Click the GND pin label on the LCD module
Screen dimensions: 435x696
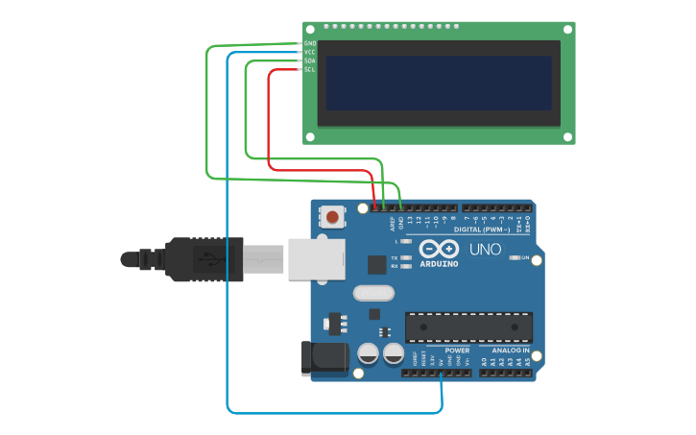[x=310, y=44]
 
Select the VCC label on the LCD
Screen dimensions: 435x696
[x=310, y=53]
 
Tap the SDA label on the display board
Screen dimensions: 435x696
[x=310, y=61]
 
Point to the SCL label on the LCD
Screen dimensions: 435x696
[x=310, y=70]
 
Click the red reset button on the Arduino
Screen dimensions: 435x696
[x=331, y=217]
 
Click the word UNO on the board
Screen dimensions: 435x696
[x=485, y=250]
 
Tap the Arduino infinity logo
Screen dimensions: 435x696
[x=439, y=248]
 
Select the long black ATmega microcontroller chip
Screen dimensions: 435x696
[x=468, y=327]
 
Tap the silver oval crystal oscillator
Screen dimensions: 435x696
[x=373, y=293]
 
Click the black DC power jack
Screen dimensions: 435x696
[x=324, y=357]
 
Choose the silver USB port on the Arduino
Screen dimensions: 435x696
[x=316, y=259]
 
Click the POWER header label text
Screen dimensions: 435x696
[x=457, y=350]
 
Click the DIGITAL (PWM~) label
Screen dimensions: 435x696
[x=480, y=230]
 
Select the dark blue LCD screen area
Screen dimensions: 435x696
[x=439, y=83]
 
